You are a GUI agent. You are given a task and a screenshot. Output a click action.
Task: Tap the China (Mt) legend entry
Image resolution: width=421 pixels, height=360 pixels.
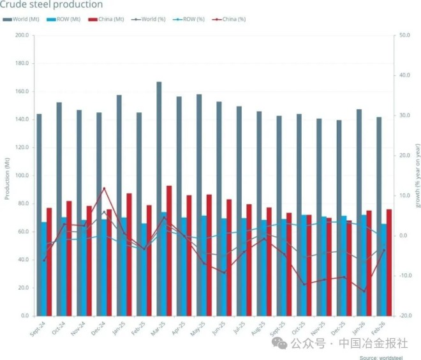click(x=110, y=19)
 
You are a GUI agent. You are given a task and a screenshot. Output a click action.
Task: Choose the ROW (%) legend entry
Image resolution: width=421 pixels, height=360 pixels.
click(x=192, y=19)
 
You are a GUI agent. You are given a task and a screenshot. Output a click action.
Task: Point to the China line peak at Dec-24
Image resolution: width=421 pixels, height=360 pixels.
click(x=104, y=188)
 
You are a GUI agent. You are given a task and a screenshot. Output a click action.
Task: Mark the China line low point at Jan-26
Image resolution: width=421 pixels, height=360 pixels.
click(x=364, y=292)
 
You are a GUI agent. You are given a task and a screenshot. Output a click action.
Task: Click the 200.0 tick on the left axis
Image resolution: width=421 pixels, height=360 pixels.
click(x=22, y=35)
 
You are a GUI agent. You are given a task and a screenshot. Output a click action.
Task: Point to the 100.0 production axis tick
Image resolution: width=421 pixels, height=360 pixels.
click(x=22, y=176)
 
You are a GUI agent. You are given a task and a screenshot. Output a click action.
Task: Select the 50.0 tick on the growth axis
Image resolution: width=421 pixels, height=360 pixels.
click(x=403, y=35)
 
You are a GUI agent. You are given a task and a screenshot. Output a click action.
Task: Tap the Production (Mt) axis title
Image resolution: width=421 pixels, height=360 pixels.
click(x=7, y=176)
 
